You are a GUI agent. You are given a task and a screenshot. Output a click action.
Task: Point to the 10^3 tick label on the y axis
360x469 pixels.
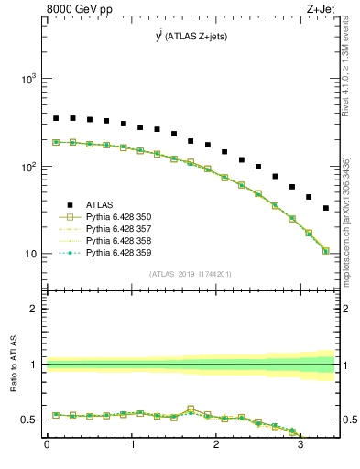[29, 80]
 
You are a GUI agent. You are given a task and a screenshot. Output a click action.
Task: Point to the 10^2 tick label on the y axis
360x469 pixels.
[29, 167]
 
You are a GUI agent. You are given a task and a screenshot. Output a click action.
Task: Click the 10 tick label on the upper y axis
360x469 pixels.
[31, 254]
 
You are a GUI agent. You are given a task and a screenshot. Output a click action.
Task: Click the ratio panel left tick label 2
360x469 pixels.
[36, 309]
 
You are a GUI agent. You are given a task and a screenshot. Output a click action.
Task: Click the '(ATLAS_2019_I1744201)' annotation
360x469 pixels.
[191, 273]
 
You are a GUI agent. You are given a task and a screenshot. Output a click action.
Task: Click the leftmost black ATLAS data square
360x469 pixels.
[56, 118]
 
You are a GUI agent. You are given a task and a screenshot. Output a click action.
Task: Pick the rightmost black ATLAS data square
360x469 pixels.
[326, 208]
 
